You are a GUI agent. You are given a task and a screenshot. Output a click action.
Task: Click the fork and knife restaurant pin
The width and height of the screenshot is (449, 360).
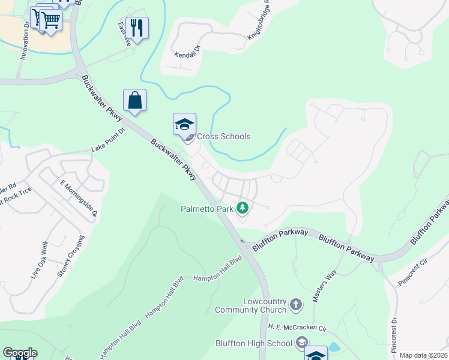(137, 28)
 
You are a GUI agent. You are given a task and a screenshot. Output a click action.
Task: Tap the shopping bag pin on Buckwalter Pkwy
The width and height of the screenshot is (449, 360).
(134, 100)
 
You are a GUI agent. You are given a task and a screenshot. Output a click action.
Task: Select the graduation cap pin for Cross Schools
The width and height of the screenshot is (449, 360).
(184, 125)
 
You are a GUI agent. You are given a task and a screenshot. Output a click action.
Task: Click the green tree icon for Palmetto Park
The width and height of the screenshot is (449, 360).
(242, 208)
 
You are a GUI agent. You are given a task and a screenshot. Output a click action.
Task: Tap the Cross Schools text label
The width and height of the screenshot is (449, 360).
(224, 136)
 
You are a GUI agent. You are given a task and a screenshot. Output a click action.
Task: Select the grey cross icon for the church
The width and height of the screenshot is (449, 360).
(295, 305)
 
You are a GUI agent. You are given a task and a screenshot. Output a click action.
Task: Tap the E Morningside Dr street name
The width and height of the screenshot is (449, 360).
(78, 198)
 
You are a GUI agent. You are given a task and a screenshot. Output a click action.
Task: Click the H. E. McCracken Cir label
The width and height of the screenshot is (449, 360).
(297, 328)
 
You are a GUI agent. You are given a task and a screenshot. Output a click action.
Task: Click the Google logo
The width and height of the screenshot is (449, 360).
(20, 353)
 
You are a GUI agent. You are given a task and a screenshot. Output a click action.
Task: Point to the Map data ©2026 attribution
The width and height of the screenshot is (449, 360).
(423, 355)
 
